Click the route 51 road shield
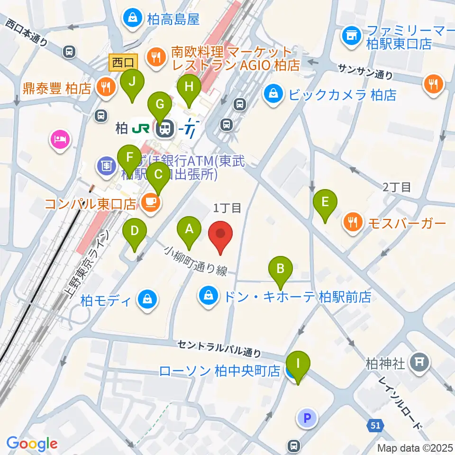tap(375, 426)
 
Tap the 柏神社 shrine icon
tap(419, 363)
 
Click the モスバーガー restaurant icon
tap(353, 221)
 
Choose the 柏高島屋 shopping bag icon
tap(131, 18)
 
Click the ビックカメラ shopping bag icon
tap(273, 94)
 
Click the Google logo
tap(32, 444)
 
